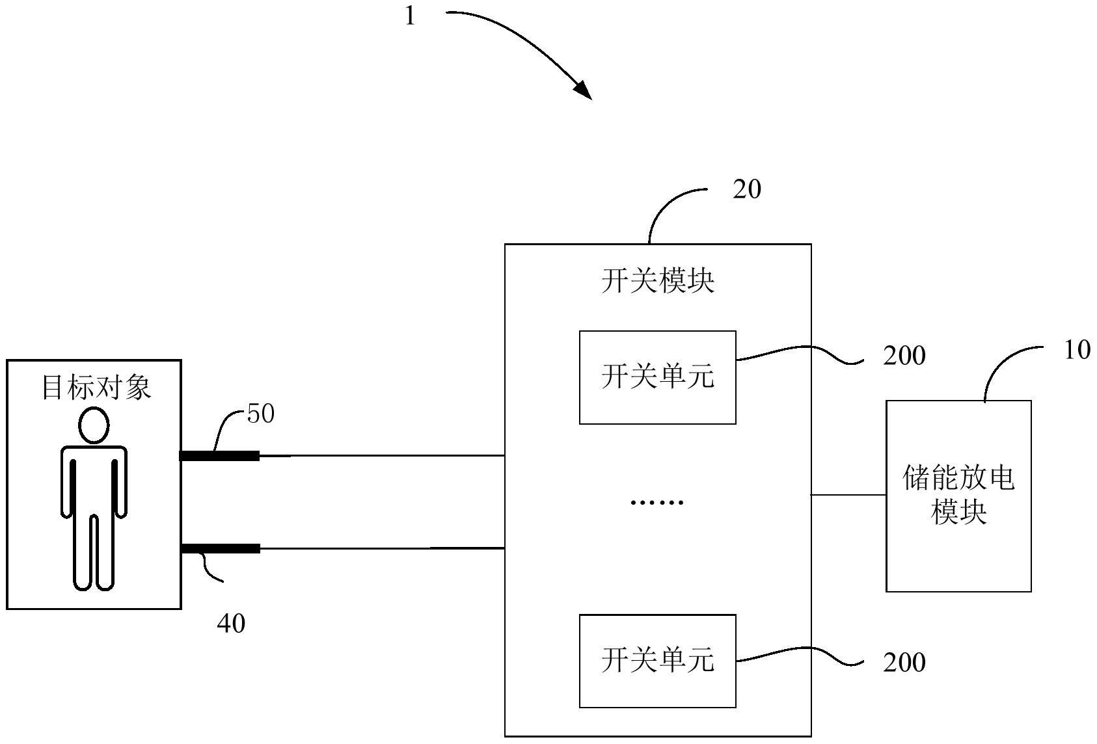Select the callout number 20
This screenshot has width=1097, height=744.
pyautogui.click(x=746, y=189)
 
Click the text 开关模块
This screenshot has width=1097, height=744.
pyautogui.click(x=657, y=282)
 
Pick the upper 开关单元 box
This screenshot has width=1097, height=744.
pyautogui.click(x=657, y=377)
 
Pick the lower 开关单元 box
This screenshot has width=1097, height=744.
pyautogui.click(x=657, y=661)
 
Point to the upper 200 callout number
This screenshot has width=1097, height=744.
pyautogui.click(x=904, y=356)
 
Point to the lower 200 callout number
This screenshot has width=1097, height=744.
pyautogui.click(x=904, y=663)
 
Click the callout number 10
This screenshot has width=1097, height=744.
pyautogui.click(x=1077, y=351)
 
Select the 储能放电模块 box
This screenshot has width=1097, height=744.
pyautogui.click(x=958, y=496)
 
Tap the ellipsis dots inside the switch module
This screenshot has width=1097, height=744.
pyautogui.click(x=657, y=502)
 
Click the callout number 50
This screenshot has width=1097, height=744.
pyautogui.click(x=261, y=414)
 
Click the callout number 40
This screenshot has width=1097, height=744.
pyautogui.click(x=231, y=624)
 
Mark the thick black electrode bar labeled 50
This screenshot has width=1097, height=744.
pyautogui.click(x=220, y=456)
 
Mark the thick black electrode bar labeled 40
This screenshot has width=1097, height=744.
pyautogui.click(x=220, y=549)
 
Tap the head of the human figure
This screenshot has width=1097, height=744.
pyautogui.click(x=94, y=425)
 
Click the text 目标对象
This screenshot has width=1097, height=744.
pyautogui.click(x=96, y=387)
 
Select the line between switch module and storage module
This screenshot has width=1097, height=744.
pyautogui.click(x=848, y=495)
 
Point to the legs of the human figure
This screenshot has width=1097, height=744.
pyautogui.click(x=94, y=553)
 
